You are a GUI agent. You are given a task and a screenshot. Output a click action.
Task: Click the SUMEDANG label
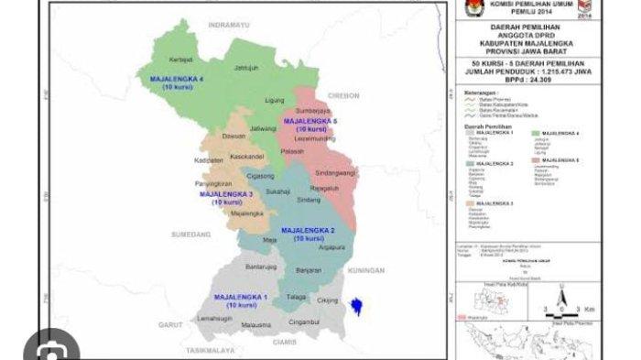click(x=190, y=235)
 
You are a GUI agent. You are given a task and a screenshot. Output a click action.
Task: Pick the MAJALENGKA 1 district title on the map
click(x=240, y=299)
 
